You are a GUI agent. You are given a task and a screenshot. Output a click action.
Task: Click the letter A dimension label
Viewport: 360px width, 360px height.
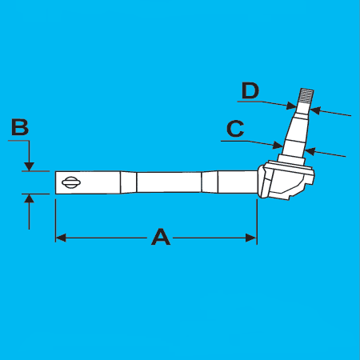coord(161,237)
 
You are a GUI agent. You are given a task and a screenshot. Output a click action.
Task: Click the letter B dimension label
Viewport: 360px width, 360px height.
coord(20,127)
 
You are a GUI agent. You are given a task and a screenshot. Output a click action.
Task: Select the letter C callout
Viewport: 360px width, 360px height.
coord(235,129)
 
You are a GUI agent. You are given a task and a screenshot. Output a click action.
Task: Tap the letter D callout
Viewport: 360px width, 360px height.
coord(250,90)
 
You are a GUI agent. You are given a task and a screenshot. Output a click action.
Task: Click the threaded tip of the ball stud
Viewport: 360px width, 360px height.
coord(306,96)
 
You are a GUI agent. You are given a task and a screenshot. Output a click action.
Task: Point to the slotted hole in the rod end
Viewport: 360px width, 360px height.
coord(71,182)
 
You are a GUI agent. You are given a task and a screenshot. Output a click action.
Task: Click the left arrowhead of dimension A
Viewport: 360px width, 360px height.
coord(61,238)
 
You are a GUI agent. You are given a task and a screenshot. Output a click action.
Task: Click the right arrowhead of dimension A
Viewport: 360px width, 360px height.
coord(251,238)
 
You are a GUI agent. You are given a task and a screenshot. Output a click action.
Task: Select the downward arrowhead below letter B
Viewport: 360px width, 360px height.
coord(29,166)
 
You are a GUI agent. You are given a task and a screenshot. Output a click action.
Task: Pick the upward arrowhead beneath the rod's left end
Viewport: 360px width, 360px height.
coord(29,198)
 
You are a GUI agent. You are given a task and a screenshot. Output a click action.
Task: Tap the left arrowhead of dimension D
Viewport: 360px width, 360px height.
coord(291,106)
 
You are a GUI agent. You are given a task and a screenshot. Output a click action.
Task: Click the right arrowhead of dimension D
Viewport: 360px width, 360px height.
coord(315,110)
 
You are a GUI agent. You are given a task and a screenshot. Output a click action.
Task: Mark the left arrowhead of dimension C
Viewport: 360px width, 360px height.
coord(278,146)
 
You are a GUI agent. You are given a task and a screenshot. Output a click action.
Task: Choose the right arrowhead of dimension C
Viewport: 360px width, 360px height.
coord(310,152)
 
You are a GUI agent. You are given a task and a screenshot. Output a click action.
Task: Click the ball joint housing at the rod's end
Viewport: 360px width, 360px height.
coord(286,181)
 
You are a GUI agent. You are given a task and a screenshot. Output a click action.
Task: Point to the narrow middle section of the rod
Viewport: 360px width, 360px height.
coord(169,182)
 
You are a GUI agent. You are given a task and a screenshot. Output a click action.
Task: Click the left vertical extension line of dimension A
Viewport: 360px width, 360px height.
coord(55,221)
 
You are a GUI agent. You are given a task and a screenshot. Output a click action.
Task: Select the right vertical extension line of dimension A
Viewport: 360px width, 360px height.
coord(257,222)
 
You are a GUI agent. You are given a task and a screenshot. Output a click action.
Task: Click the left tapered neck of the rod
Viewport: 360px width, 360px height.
coord(128,182)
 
